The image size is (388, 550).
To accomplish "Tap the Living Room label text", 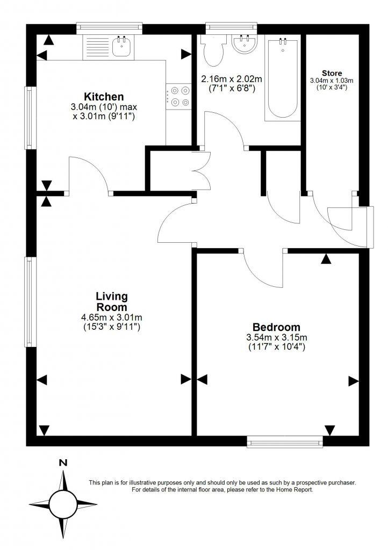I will [x=112, y=301].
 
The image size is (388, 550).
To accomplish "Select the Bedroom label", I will [x=276, y=327].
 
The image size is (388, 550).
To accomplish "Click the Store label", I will [x=332, y=73].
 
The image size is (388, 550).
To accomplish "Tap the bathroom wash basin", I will [x=245, y=43].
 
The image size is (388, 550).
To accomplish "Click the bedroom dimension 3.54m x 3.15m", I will [x=276, y=337].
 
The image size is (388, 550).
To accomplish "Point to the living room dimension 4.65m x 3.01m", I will [x=112, y=317].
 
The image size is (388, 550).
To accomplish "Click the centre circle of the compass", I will [x=63, y=504].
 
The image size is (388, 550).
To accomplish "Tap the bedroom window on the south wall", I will [x=284, y=443].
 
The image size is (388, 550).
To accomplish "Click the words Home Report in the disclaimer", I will [x=294, y=490].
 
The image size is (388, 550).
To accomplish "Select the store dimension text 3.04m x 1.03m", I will [x=332, y=81].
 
